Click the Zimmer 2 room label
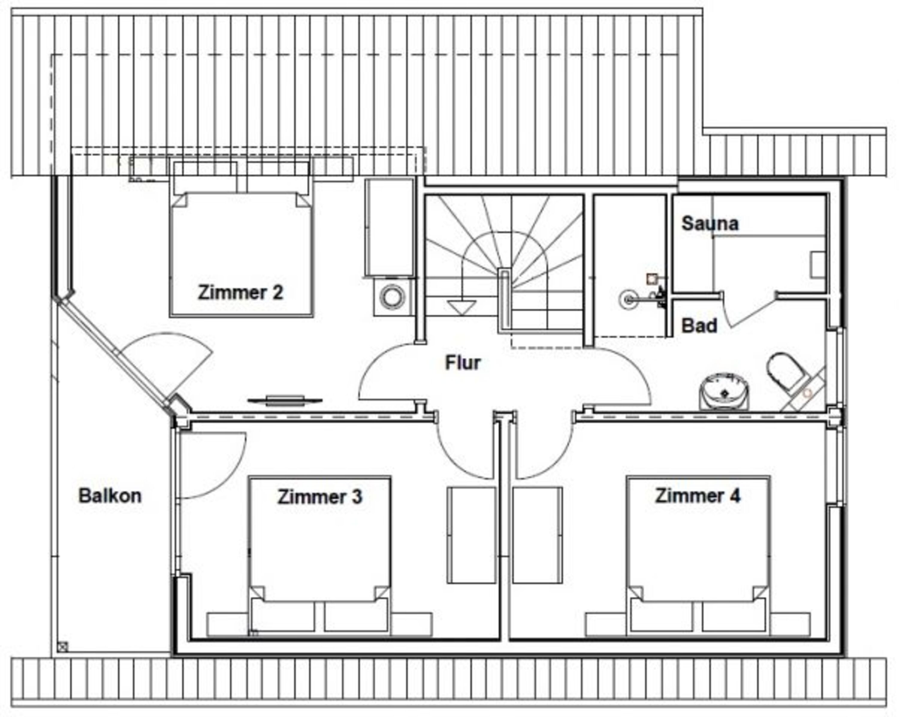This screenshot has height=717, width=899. tap(241, 292)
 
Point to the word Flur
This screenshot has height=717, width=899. tap(463, 363)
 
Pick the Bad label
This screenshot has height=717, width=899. tap(699, 326)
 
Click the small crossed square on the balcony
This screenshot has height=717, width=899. tap(63, 647)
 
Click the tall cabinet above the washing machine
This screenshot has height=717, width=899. tap(390, 227)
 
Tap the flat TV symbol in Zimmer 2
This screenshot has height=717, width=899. tap(285, 400)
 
